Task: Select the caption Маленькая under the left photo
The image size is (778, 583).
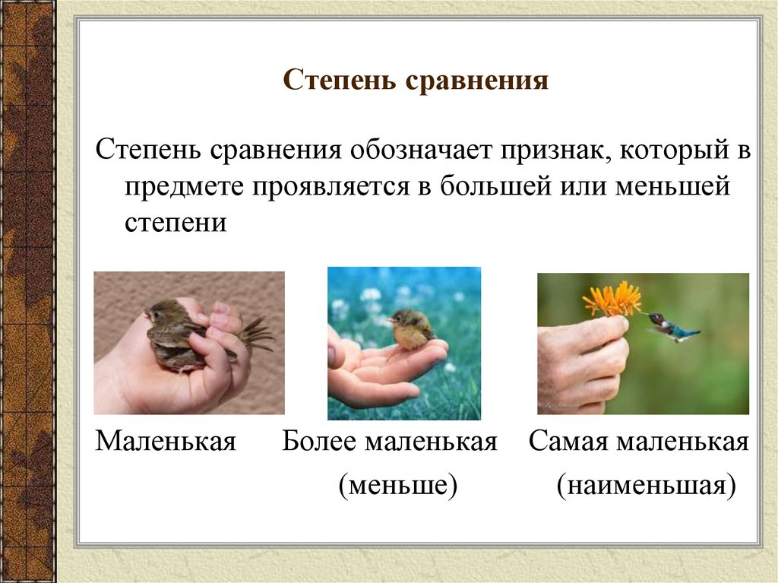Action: [166, 442]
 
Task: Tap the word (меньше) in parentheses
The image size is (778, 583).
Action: [398, 484]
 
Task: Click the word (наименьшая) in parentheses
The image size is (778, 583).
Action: [646, 484]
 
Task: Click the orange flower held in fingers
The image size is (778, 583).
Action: [612, 299]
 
